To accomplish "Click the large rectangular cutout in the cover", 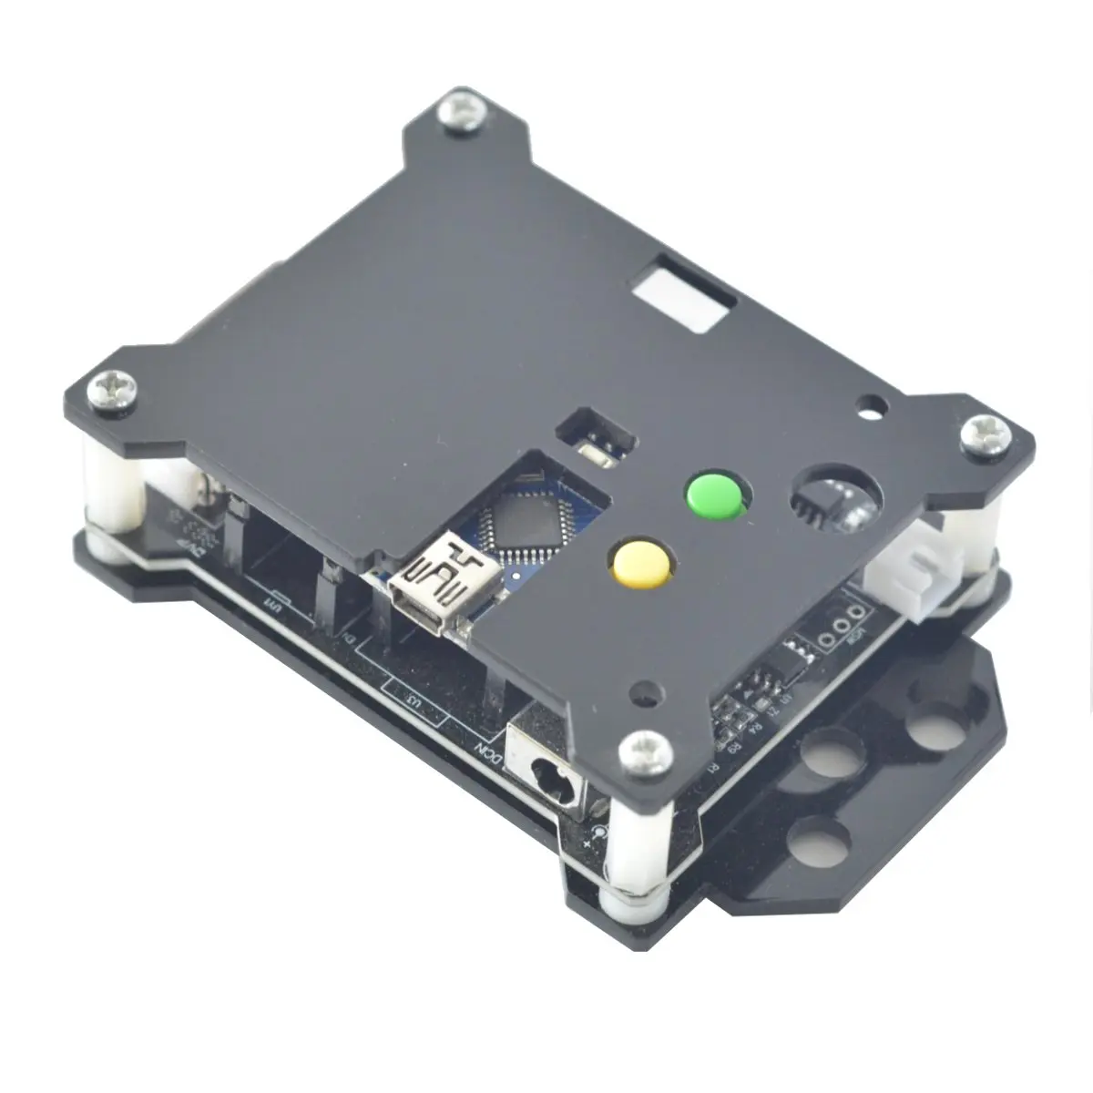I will pyautogui.click(x=683, y=297).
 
